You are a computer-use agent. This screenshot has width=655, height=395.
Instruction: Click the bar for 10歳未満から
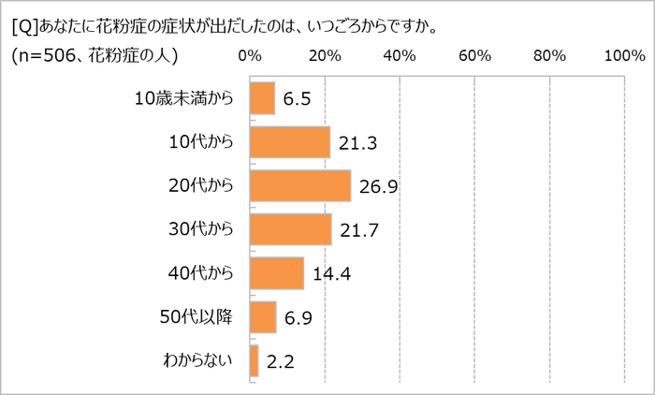262,98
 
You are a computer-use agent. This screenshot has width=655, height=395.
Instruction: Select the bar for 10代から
290,141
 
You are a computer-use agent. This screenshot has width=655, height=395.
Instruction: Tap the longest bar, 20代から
300,185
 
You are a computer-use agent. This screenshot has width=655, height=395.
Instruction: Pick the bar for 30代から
291,229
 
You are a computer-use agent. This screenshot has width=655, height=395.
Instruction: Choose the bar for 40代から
277,272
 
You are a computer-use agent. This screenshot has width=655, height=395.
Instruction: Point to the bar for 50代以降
263,316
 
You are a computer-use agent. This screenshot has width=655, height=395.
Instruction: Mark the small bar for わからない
255,360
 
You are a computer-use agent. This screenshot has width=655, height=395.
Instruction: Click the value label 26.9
379,187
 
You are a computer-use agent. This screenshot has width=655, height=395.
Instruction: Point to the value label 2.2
279,362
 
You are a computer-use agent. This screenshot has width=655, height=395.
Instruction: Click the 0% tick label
250,57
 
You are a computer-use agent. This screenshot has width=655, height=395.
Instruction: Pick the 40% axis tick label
400,57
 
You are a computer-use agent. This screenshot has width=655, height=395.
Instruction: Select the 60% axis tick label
475,57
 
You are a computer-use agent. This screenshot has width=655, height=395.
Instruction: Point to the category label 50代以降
198,316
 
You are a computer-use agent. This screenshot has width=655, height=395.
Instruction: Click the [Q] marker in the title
25,25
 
